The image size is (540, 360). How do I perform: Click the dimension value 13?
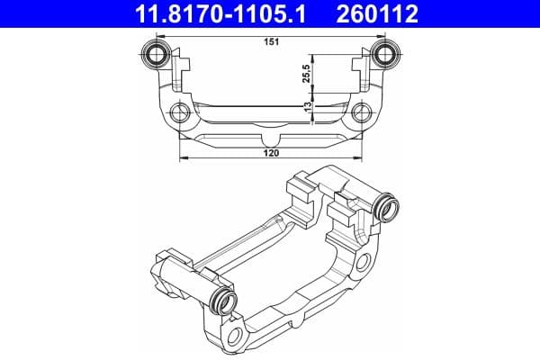(308, 107)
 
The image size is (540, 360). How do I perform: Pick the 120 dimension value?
(272, 154)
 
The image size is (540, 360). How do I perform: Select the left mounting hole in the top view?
(181, 113)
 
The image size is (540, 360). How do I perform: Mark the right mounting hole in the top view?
(362, 113)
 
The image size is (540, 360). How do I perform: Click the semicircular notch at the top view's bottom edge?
(271, 142)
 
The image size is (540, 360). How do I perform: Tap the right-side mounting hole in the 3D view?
(365, 262)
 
